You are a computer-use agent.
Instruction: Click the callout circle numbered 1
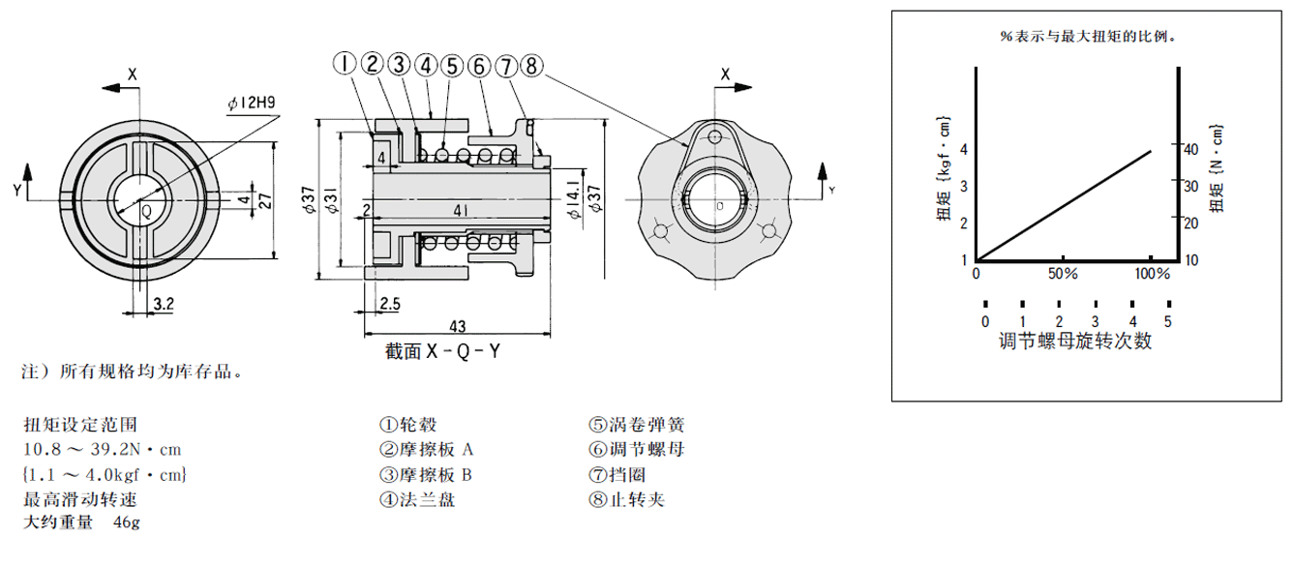click(x=346, y=65)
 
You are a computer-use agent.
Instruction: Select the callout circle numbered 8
click(x=531, y=66)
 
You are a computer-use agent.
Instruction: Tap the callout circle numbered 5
click(x=452, y=66)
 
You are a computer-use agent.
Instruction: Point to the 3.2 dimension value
click(x=164, y=304)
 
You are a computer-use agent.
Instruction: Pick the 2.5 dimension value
click(x=390, y=304)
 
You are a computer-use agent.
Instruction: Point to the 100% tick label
click(x=1151, y=274)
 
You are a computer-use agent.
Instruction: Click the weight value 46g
click(x=127, y=522)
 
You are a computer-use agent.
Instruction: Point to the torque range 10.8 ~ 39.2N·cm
click(x=102, y=449)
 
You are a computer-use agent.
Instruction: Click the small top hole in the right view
click(x=714, y=136)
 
